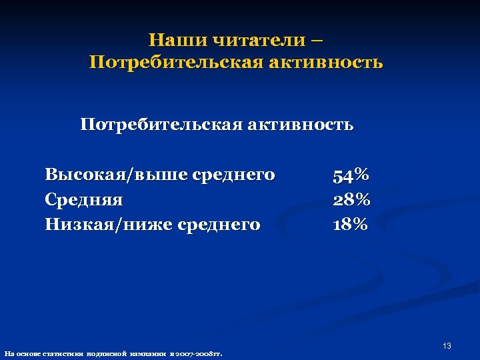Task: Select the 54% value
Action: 351,176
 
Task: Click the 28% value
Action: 351,200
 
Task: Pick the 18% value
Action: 351,225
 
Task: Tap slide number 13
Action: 447,346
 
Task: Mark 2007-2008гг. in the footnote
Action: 200,353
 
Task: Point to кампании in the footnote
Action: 153,353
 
